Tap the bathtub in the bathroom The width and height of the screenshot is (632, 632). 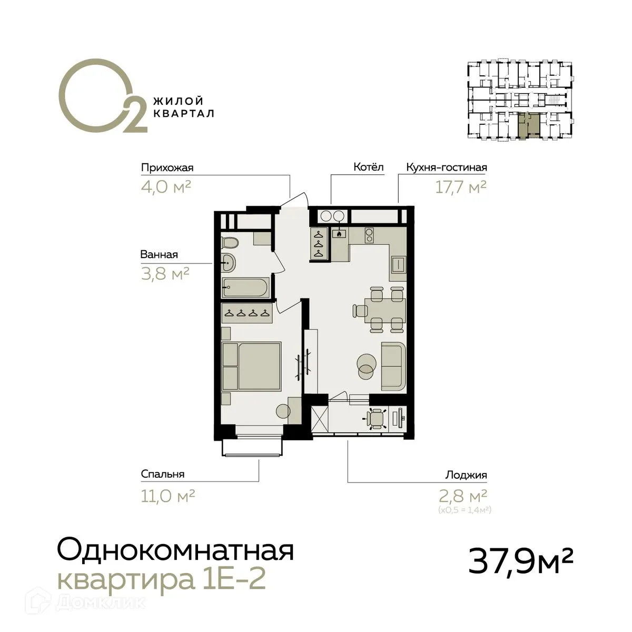pyautogui.click(x=245, y=287)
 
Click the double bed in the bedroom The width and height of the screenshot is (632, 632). pyautogui.click(x=252, y=365)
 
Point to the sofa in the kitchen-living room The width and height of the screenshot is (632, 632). pyautogui.click(x=393, y=366)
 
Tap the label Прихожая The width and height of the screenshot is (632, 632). pyautogui.click(x=167, y=168)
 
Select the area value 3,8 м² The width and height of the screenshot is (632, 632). pyautogui.click(x=165, y=273)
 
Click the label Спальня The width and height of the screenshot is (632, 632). pyautogui.click(x=162, y=474)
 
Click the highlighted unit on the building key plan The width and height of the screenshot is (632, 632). pyautogui.click(x=528, y=125)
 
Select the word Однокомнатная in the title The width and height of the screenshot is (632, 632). pyautogui.click(x=175, y=551)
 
